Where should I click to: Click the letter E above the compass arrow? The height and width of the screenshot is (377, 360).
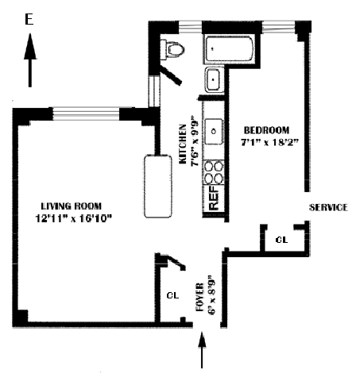29,19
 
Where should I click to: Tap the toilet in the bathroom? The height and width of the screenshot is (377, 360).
172,49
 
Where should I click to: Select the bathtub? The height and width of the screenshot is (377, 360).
230,49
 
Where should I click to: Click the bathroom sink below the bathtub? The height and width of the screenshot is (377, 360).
214,79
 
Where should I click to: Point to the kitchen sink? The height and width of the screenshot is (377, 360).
214,131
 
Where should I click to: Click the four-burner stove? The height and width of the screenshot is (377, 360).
214,172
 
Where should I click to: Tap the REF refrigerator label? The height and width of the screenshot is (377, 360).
214,198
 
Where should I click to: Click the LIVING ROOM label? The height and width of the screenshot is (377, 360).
72,206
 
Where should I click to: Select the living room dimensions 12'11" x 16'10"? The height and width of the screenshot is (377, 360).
74,218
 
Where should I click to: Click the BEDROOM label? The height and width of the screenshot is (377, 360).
266,130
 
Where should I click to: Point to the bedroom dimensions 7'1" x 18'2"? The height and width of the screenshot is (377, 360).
269,142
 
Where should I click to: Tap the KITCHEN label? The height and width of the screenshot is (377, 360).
183,144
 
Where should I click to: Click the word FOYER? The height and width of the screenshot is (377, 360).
199,297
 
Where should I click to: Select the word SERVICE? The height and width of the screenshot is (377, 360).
328,207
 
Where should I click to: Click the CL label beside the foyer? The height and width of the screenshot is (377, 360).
172,295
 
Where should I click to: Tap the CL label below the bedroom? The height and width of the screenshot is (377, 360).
281,240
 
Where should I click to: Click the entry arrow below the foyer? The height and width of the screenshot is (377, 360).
202,350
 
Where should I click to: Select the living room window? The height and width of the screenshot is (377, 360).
86,113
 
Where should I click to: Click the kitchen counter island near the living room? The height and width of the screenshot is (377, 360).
158,187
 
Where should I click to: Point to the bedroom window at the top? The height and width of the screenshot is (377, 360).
278,27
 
